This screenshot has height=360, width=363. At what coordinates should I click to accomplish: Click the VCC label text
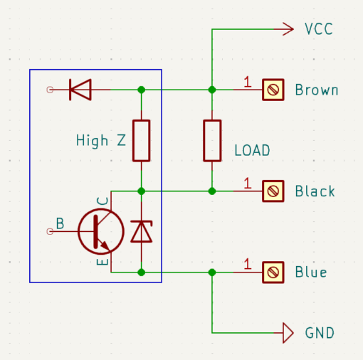(319, 29)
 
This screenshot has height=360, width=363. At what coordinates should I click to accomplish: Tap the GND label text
(320, 333)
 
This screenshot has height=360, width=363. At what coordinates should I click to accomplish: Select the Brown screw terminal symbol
(273, 90)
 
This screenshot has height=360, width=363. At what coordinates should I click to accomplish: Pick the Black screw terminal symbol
(273, 191)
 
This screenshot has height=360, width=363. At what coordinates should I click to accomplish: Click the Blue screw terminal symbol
(273, 272)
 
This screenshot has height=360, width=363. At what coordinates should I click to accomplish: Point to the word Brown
(317, 90)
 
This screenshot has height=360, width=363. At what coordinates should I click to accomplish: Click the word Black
(315, 191)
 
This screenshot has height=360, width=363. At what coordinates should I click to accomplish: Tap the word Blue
(311, 272)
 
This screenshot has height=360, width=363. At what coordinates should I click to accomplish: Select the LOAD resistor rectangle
(212, 141)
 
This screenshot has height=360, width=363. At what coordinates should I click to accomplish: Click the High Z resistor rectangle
(142, 141)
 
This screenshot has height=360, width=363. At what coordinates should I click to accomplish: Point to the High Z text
(101, 140)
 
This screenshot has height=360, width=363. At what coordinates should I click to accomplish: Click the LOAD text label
(252, 150)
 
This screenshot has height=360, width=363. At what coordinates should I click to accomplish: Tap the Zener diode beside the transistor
(142, 231)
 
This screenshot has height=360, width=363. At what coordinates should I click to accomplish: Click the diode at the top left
(80, 90)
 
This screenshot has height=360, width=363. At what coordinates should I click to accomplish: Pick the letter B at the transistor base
(60, 223)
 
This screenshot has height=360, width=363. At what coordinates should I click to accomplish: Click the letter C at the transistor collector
(102, 201)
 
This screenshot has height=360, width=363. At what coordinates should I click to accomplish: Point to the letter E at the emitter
(102, 262)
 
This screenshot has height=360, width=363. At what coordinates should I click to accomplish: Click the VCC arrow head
(288, 29)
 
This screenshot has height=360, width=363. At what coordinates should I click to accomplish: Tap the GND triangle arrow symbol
(288, 333)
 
